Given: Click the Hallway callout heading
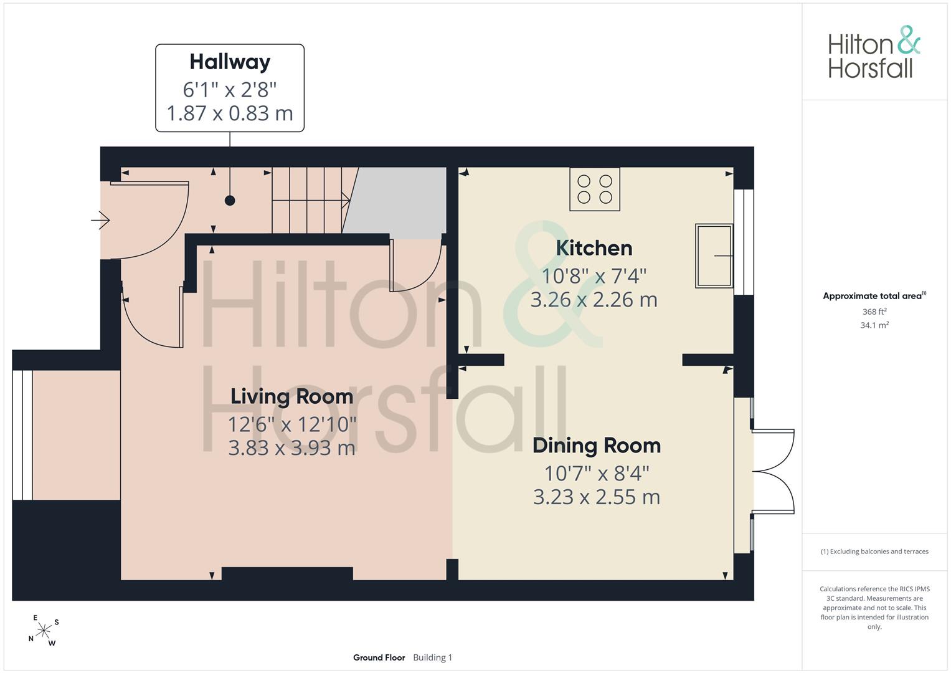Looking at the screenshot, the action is (x=230, y=63).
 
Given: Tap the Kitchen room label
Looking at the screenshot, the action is (x=594, y=248).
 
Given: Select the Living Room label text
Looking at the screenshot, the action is (x=291, y=397).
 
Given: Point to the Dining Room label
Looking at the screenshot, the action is (x=597, y=446).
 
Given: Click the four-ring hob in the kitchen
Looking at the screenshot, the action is (x=595, y=189).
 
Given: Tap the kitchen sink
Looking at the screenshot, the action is (x=714, y=255).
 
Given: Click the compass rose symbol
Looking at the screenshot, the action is (x=44, y=631).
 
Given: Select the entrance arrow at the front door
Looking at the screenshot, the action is (x=101, y=220).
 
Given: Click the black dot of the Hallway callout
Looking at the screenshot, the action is (x=230, y=201).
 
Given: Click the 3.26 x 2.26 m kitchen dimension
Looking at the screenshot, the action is (x=594, y=300).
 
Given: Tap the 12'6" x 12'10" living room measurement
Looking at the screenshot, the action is (x=292, y=424).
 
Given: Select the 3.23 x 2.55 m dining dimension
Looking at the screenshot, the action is (x=597, y=497).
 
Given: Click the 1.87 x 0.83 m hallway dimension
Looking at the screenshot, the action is (x=230, y=113).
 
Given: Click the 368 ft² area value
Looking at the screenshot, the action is (x=874, y=312).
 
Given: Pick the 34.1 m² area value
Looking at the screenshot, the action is (x=874, y=325).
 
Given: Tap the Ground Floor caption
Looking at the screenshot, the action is (x=379, y=657).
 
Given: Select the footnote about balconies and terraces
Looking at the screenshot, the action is (x=874, y=551).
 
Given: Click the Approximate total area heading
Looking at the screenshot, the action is (x=874, y=296).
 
